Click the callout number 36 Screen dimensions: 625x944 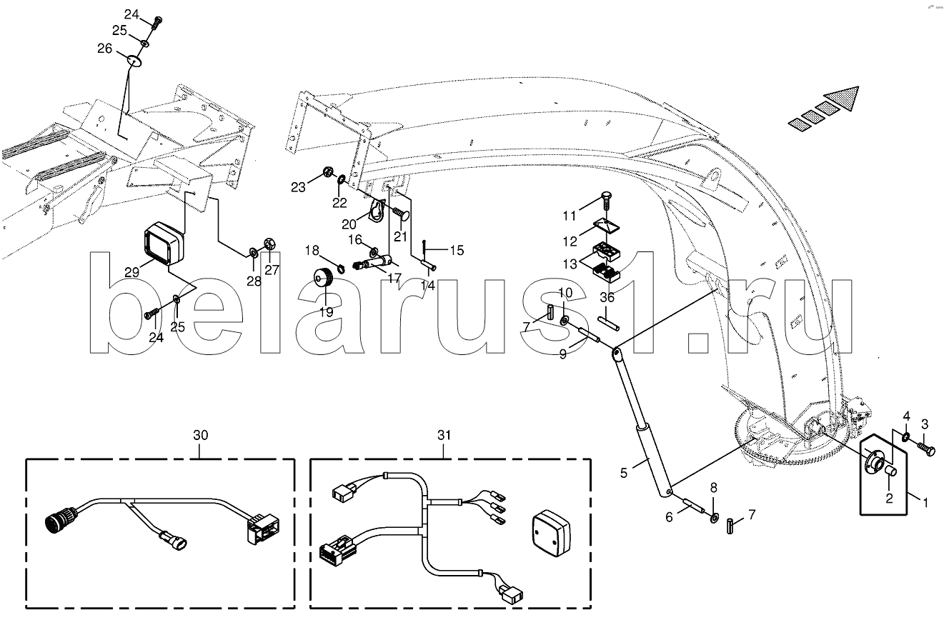(607, 297)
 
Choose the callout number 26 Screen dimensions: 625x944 (104, 49)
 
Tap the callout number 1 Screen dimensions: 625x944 (923, 502)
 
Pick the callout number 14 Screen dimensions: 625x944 (427, 285)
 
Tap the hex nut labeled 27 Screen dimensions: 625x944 (270, 244)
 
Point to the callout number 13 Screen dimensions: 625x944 (569, 264)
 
